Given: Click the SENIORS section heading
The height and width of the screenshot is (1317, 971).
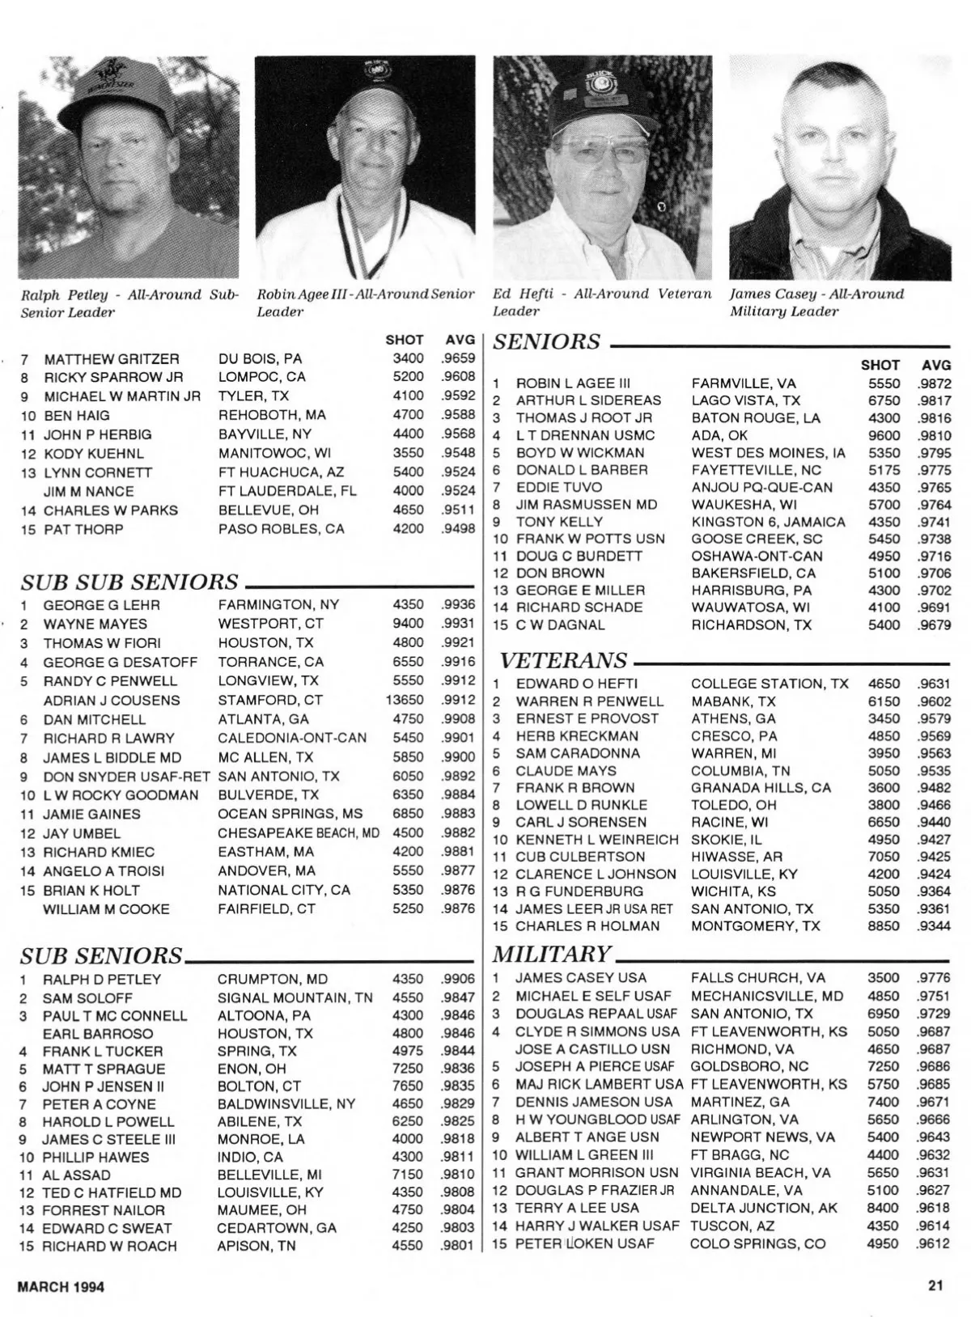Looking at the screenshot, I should pyautogui.click(x=547, y=342).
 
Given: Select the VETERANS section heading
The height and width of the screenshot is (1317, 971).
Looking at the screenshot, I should pyautogui.click(x=563, y=661).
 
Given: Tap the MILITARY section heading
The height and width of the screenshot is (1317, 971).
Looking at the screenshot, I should pyautogui.click(x=551, y=954).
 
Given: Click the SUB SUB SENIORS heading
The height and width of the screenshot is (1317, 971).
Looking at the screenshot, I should pyautogui.click(x=129, y=582).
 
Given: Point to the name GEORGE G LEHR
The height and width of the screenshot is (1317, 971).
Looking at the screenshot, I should pyautogui.click(x=102, y=605).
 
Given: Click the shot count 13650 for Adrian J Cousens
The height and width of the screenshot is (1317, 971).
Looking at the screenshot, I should pyautogui.click(x=405, y=700).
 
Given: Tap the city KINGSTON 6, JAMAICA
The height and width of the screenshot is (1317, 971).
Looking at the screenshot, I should pyautogui.click(x=768, y=522).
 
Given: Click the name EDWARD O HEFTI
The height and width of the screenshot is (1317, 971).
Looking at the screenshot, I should pyautogui.click(x=577, y=684).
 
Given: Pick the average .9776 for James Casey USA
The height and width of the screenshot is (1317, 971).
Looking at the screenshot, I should pyautogui.click(x=934, y=977).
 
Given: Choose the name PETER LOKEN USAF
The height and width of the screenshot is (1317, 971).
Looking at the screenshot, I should pyautogui.click(x=585, y=1243).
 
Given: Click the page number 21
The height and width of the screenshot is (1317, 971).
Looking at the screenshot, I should pyautogui.click(x=936, y=1285).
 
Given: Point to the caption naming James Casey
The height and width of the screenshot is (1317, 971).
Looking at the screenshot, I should pyautogui.click(x=816, y=303).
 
